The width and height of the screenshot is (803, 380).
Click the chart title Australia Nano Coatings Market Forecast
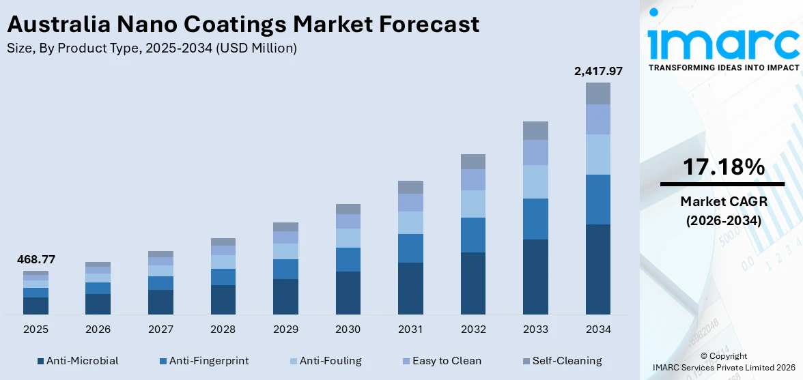(x=242, y=25)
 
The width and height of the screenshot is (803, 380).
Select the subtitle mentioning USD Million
(x=152, y=48)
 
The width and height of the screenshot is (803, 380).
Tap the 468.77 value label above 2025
(x=36, y=259)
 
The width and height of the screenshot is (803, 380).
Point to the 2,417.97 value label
(x=597, y=70)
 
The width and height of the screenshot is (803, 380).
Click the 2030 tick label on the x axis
(x=348, y=330)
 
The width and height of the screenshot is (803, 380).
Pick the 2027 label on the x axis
(x=160, y=330)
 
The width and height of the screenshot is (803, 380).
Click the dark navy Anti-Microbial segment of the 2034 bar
(x=597, y=269)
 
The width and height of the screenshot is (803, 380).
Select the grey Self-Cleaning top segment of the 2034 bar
(x=597, y=93)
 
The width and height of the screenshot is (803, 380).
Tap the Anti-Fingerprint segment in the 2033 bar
(x=535, y=218)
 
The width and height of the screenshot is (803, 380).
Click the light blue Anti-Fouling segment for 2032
(x=473, y=203)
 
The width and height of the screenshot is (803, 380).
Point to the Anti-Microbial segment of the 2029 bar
(x=285, y=296)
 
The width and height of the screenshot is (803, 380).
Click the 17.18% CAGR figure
(x=722, y=167)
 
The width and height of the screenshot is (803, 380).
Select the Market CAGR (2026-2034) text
(x=722, y=211)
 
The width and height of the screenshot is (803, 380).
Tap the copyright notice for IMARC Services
(x=723, y=362)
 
